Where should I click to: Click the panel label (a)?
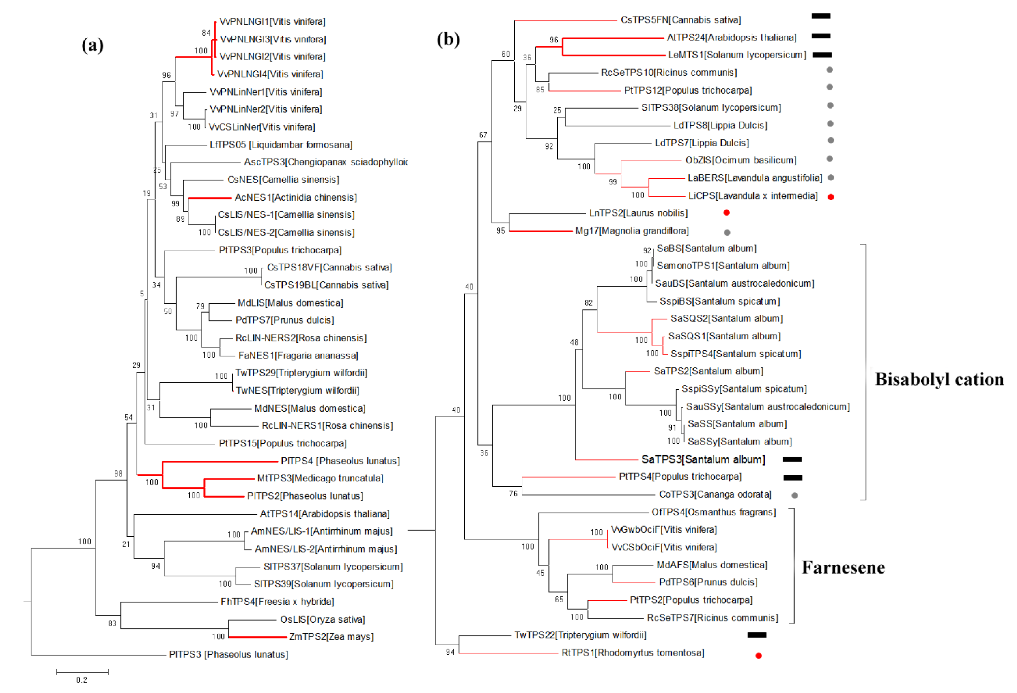(x=92, y=45)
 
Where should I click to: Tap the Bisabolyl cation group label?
(x=939, y=379)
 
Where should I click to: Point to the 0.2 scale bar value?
(x=82, y=680)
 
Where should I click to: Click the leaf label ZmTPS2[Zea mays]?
(x=331, y=637)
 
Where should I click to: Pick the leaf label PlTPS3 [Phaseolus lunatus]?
(x=228, y=655)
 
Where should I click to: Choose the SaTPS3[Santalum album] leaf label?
(x=703, y=459)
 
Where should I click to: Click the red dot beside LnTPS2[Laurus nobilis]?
(x=727, y=213)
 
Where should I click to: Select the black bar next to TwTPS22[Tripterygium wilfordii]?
(x=757, y=635)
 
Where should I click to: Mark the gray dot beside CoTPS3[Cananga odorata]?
(x=795, y=495)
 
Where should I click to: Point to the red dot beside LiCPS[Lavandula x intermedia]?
(x=831, y=197)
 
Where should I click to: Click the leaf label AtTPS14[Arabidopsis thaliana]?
(x=325, y=514)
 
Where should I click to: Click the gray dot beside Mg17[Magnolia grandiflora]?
(x=727, y=232)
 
